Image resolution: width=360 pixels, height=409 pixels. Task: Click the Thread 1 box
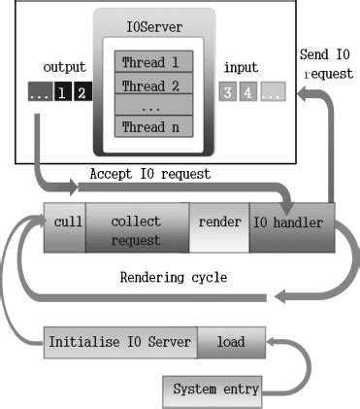153,62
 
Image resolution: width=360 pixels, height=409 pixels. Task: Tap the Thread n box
153,126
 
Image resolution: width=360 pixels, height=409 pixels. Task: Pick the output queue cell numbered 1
61,93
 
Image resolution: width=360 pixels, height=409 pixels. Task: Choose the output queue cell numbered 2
81,93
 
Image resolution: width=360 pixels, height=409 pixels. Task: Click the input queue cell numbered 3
227,93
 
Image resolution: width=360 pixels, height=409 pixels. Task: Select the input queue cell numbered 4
247,93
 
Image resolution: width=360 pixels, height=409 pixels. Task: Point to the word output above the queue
64,67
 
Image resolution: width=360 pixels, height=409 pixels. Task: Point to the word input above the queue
241,67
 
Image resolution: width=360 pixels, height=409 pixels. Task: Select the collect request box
136,228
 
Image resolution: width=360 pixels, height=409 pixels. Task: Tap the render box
219,222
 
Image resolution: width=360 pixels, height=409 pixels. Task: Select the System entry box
215,390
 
